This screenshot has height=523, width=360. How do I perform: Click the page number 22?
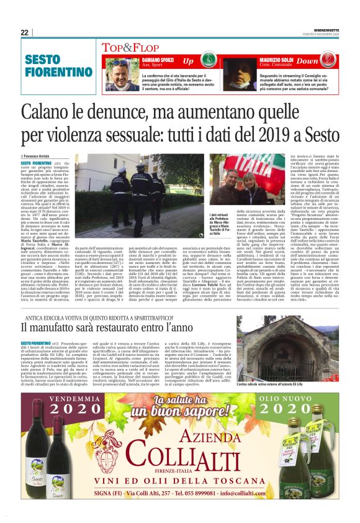[25, 32]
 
